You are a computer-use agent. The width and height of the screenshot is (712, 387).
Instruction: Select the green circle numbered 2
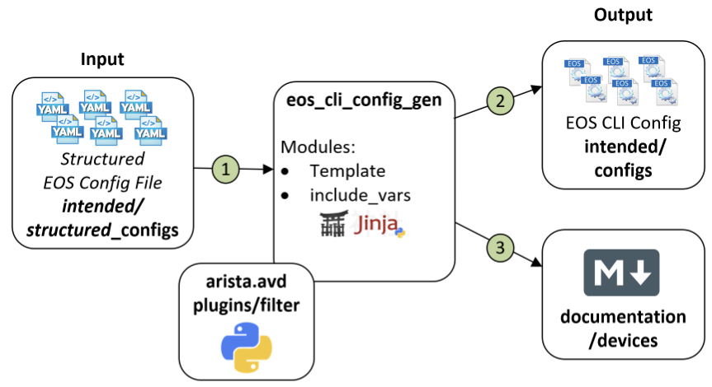(499, 101)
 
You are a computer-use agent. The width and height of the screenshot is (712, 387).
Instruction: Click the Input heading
(102, 59)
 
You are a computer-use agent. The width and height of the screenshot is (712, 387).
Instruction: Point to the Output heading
(625, 16)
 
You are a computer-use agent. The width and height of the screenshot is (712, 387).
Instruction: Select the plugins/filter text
(247, 303)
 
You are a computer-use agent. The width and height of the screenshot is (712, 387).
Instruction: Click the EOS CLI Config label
(624, 124)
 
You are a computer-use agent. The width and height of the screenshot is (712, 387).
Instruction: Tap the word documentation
(624, 317)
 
